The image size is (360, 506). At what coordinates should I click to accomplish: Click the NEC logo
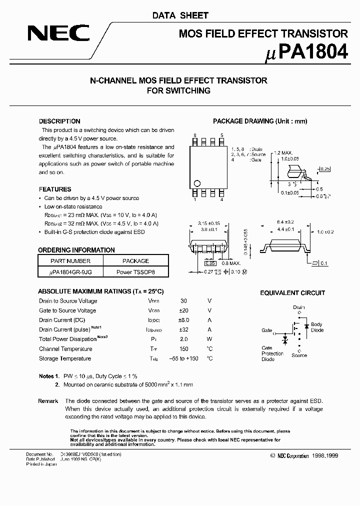pos(58,33)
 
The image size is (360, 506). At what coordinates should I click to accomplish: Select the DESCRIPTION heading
pos(59,121)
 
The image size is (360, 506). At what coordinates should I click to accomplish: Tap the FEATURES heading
pos(55,189)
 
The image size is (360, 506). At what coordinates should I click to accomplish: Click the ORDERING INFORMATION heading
pos(76,250)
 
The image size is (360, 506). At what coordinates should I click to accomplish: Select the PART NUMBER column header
pos(70,261)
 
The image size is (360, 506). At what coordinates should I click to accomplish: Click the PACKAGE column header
pos(135,261)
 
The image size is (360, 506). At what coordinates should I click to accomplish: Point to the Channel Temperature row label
pos(65,349)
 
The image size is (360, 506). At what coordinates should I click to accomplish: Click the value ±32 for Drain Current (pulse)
pos(184,329)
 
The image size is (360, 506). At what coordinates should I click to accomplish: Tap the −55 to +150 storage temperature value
pos(184,358)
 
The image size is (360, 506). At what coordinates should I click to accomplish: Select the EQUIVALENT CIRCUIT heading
pos(292,293)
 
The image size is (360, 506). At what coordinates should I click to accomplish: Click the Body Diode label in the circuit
pos(317,327)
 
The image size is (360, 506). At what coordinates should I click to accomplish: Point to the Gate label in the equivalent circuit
pos(266,330)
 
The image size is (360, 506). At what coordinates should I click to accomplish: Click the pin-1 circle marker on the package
pos(197,182)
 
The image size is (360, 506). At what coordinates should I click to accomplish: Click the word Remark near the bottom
pos(48,401)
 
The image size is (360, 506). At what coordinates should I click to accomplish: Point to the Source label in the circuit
pos(299,355)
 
